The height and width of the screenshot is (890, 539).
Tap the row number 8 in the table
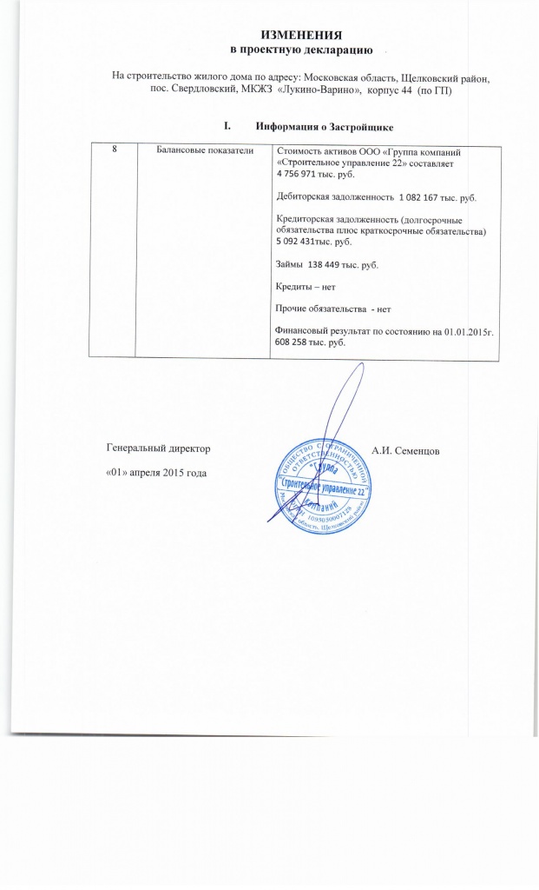coord(115,150)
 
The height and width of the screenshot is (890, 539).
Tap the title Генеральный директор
coord(157,450)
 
